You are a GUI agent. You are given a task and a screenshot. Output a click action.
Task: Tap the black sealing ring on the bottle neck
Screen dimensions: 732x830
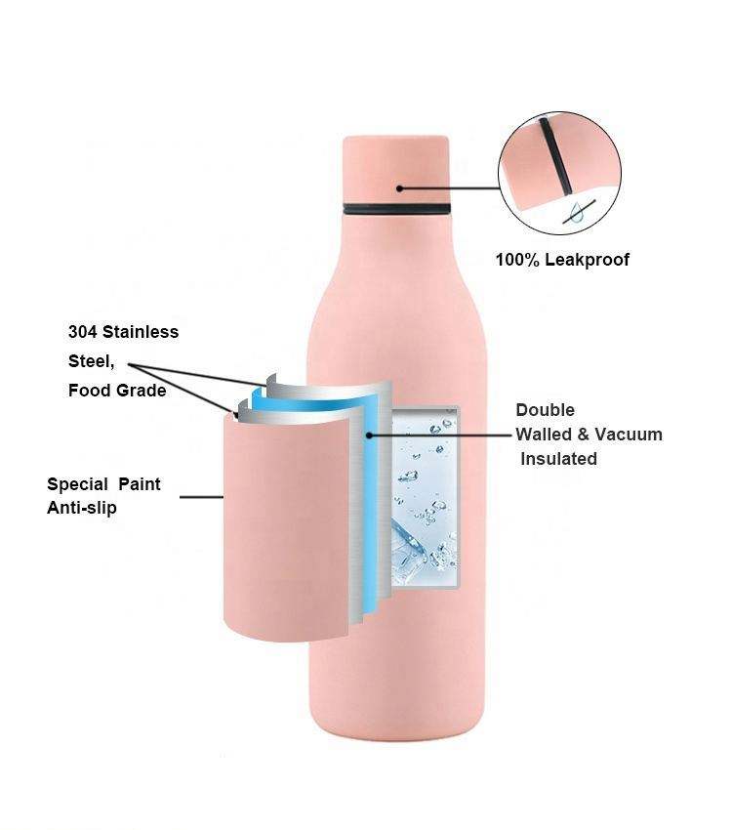396,209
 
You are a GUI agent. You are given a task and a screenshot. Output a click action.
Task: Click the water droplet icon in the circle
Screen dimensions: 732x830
577,212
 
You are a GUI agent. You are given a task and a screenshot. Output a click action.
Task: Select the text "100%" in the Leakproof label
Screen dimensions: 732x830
518,260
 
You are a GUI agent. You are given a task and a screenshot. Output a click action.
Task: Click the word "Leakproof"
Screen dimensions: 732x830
588,260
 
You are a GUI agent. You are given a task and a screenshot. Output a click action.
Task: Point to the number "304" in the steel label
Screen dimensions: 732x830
83,332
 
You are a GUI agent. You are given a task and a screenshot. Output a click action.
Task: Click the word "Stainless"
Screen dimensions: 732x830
141,332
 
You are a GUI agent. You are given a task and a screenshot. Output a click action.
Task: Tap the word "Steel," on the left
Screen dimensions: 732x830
91,361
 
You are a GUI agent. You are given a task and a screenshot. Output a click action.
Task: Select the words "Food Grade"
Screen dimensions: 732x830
117,391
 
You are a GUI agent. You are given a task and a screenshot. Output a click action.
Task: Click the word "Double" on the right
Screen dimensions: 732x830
545,410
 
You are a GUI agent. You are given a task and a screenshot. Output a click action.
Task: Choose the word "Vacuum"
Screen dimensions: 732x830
629,435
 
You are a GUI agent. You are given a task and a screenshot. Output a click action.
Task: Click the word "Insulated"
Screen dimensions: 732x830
558,459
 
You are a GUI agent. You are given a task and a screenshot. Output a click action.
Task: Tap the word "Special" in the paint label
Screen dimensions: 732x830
77,484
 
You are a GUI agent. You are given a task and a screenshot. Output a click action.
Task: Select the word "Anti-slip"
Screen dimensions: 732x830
81,508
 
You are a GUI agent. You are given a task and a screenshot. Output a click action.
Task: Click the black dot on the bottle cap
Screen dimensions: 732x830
400,187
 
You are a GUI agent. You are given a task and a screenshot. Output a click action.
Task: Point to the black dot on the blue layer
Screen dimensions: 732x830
369,436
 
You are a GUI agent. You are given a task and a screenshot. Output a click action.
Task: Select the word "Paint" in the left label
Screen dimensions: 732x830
140,484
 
